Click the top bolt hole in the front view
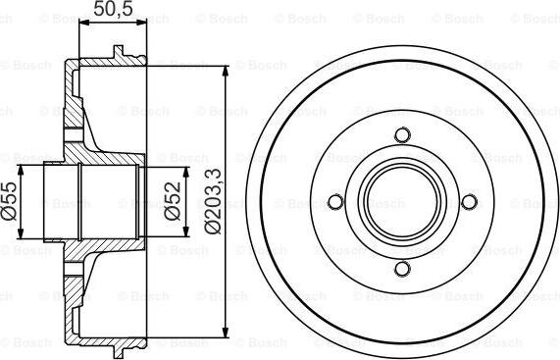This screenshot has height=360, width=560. (400, 135)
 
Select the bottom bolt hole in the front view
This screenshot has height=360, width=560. (400, 269)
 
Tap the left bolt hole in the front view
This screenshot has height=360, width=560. (333, 202)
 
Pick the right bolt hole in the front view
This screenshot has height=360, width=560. (468, 202)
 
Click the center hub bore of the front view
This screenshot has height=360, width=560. (400, 202)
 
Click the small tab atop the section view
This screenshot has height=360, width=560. (119, 53)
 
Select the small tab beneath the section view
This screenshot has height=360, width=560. (119, 350)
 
